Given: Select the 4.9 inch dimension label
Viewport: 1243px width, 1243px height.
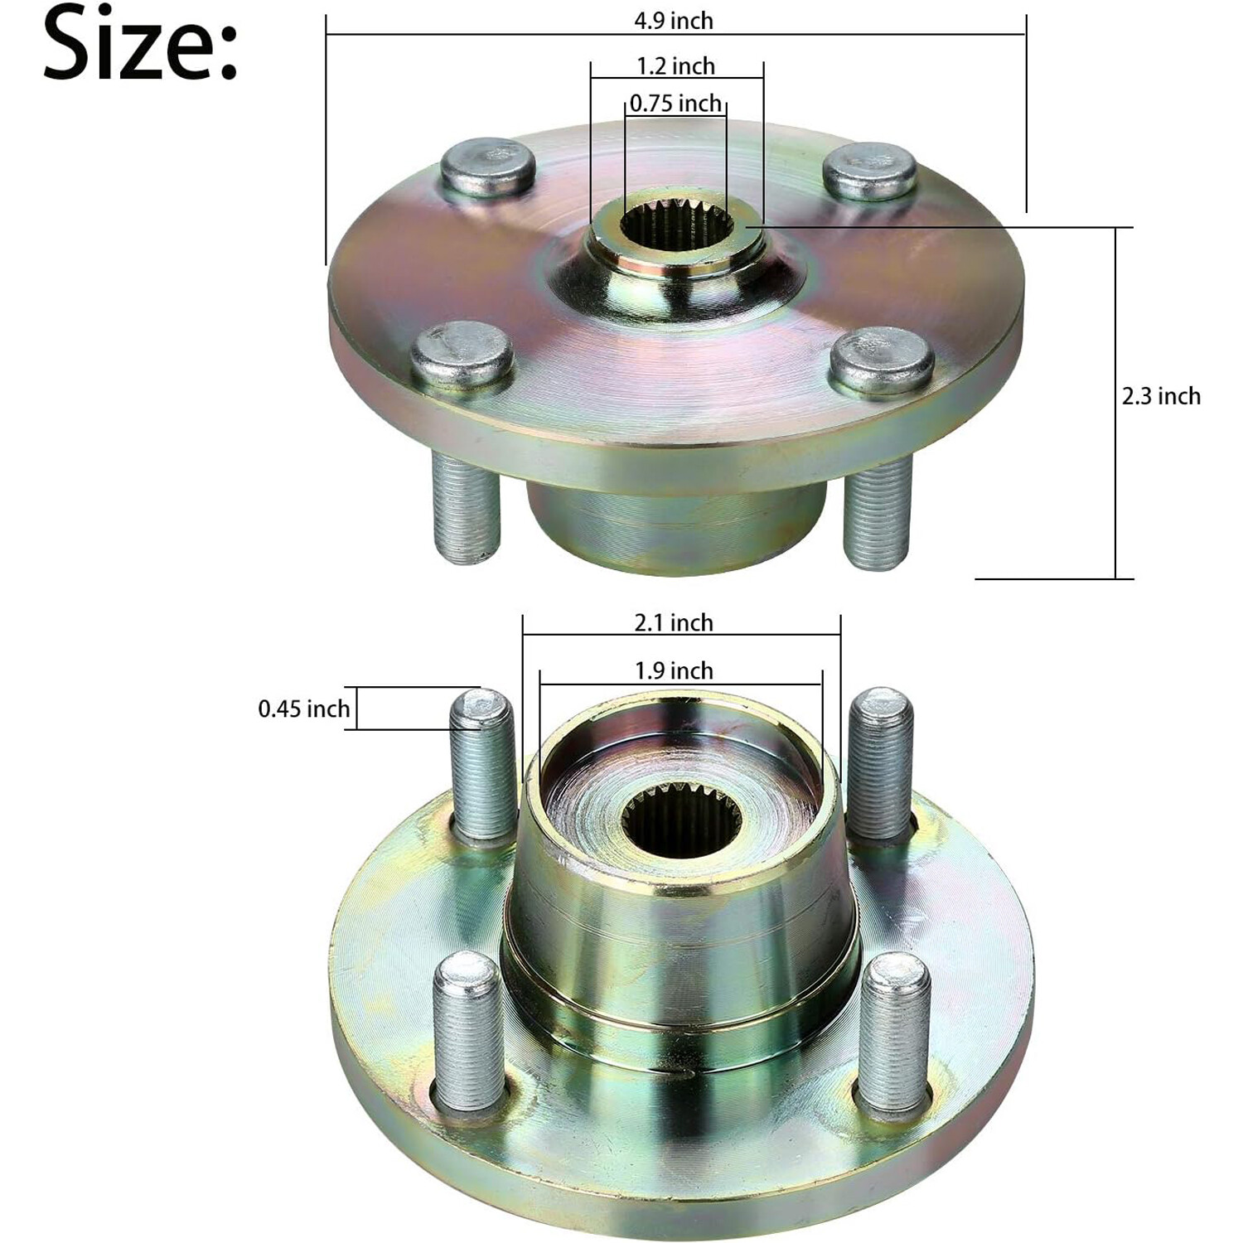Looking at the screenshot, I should click(x=674, y=21).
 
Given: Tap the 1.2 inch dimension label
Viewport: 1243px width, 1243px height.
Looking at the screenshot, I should click(x=675, y=65).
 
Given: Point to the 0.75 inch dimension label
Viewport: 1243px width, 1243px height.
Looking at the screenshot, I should click(x=675, y=104).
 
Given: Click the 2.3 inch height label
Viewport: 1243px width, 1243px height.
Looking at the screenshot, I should click(x=1161, y=396).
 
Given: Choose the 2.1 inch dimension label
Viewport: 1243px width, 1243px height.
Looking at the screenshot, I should click(x=674, y=622).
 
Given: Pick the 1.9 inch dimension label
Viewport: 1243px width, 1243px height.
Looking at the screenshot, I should click(x=674, y=670).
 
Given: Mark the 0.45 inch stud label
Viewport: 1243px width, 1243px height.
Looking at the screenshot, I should click(x=303, y=709).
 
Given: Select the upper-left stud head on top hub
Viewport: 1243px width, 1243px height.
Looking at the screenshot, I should click(x=487, y=168).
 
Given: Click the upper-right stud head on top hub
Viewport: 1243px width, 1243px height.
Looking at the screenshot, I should click(x=870, y=172).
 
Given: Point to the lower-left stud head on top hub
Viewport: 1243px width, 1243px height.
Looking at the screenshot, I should click(x=462, y=354).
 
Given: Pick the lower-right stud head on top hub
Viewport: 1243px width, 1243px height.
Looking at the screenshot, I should click(x=882, y=360).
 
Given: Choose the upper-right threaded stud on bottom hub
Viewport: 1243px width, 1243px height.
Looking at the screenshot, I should click(x=882, y=762).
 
